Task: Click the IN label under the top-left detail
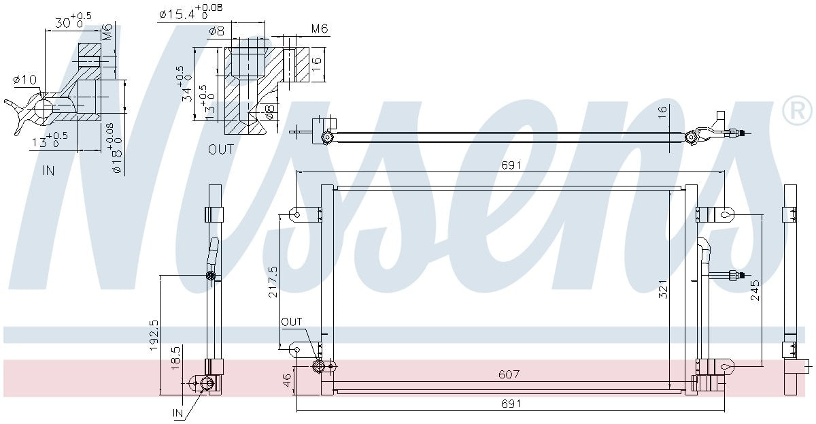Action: point(48,171)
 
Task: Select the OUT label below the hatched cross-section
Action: point(221,150)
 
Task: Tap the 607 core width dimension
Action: point(509,374)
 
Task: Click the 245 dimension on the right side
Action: point(755,291)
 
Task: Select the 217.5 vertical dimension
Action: point(272,280)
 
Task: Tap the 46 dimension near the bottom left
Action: point(287,380)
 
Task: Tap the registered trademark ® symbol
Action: point(797,111)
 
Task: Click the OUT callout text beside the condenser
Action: point(291,322)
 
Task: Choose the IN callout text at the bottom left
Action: point(178,412)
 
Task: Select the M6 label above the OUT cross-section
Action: point(320,29)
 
